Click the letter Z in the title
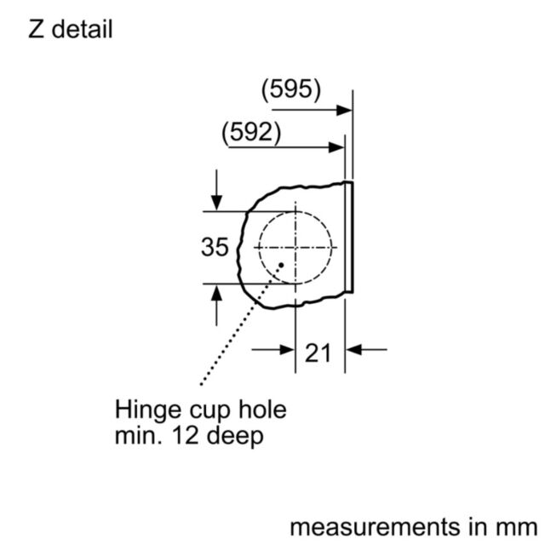click(x=36, y=29)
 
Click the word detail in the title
click(x=82, y=28)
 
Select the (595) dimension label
click(x=291, y=89)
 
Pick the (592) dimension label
click(x=251, y=133)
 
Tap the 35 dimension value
click(x=215, y=247)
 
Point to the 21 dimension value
click(x=318, y=353)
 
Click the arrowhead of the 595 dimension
click(x=344, y=111)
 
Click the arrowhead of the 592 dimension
click(x=336, y=147)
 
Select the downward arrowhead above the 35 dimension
click(x=216, y=203)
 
